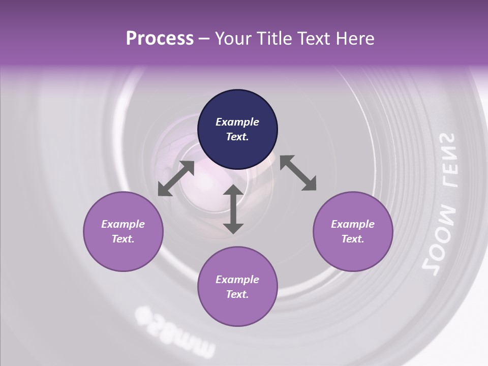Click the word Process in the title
160,39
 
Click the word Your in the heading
233,39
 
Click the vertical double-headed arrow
233,209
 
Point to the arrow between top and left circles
176,178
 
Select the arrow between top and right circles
298,173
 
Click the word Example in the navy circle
237,122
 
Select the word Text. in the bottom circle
237,294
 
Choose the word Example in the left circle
123,224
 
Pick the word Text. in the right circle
353,239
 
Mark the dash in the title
204,39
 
